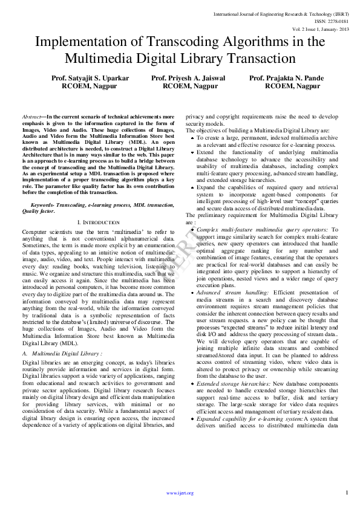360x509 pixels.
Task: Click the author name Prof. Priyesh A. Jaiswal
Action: point(188,79)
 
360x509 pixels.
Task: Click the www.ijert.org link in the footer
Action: point(180,493)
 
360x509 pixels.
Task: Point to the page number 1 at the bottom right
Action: point(347,492)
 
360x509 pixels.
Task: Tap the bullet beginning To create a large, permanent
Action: point(193,138)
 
